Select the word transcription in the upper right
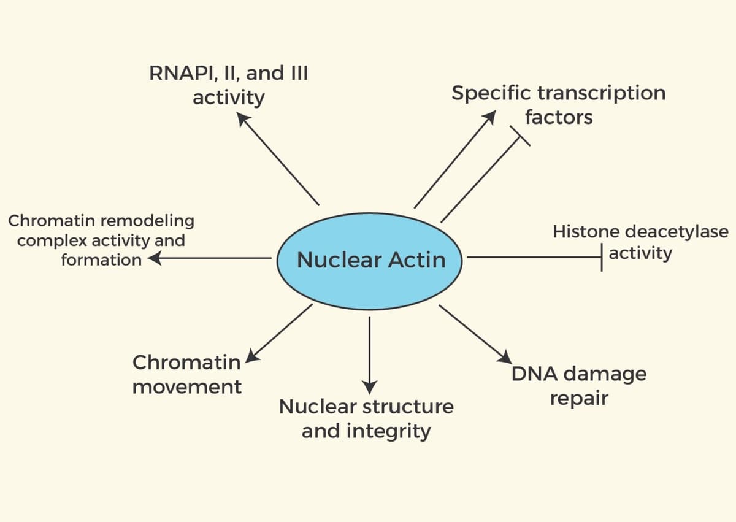[601, 93]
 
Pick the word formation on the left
[101, 259]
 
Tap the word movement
[187, 387]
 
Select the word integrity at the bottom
[388, 431]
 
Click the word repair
[578, 398]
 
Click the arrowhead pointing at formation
[153, 259]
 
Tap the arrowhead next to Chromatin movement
[252, 356]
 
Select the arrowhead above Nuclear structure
[369, 387]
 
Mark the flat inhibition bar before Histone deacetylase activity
[602, 258]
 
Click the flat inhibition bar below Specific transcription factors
[519, 137]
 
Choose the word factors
[559, 117]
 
